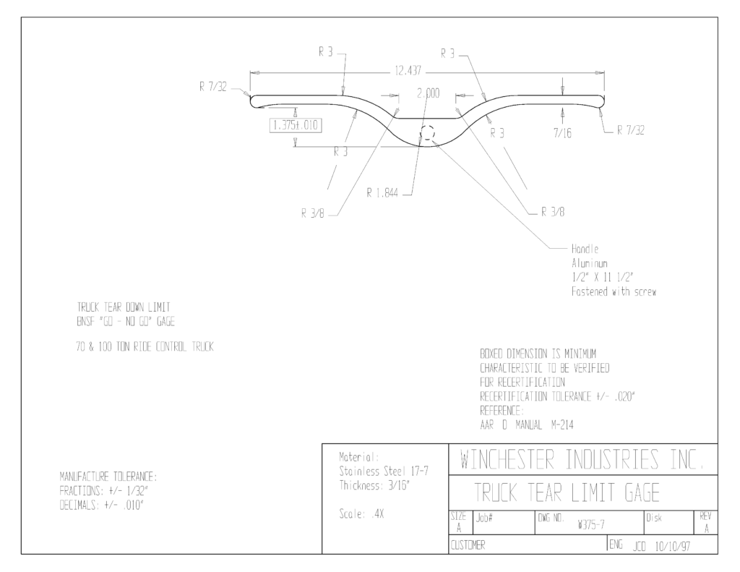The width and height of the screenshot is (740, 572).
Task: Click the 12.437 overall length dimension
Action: pyautogui.click(x=408, y=72)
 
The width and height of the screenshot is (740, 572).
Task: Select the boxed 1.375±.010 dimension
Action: pyautogui.click(x=296, y=126)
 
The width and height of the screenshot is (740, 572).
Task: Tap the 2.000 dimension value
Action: pyautogui.click(x=428, y=93)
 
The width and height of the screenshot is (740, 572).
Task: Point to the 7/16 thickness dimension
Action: pyautogui.click(x=562, y=133)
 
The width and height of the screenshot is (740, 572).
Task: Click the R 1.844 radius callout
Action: pyautogui.click(x=382, y=192)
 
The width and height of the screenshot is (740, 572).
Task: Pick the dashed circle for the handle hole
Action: pyautogui.click(x=428, y=133)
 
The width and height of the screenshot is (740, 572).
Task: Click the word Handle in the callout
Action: pyautogui.click(x=585, y=249)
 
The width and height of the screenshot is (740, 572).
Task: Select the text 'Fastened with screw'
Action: pyautogui.click(x=614, y=291)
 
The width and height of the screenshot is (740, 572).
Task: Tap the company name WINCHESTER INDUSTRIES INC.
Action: pyautogui.click(x=582, y=460)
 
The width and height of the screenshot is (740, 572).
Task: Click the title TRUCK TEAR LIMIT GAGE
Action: pyautogui.click(x=567, y=492)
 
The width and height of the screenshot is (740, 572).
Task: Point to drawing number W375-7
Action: pyautogui.click(x=591, y=524)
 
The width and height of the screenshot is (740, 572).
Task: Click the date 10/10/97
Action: pyautogui.click(x=673, y=547)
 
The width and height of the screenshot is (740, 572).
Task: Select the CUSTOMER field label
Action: pyautogui.click(x=468, y=545)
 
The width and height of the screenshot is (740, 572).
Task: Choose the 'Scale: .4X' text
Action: pyautogui.click(x=361, y=514)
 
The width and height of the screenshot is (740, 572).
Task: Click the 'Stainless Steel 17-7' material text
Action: pyautogui.click(x=384, y=471)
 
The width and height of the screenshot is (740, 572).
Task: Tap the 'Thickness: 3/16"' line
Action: pyautogui.click(x=374, y=485)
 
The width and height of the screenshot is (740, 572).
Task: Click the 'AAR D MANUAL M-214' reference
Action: pyautogui.click(x=527, y=425)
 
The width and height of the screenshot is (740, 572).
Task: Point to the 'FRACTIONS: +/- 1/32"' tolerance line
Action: pyautogui.click(x=104, y=491)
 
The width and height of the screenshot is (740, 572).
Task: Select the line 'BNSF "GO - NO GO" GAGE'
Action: pyautogui.click(x=126, y=322)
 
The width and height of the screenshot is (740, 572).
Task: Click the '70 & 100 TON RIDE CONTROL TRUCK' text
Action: pyautogui.click(x=145, y=347)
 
